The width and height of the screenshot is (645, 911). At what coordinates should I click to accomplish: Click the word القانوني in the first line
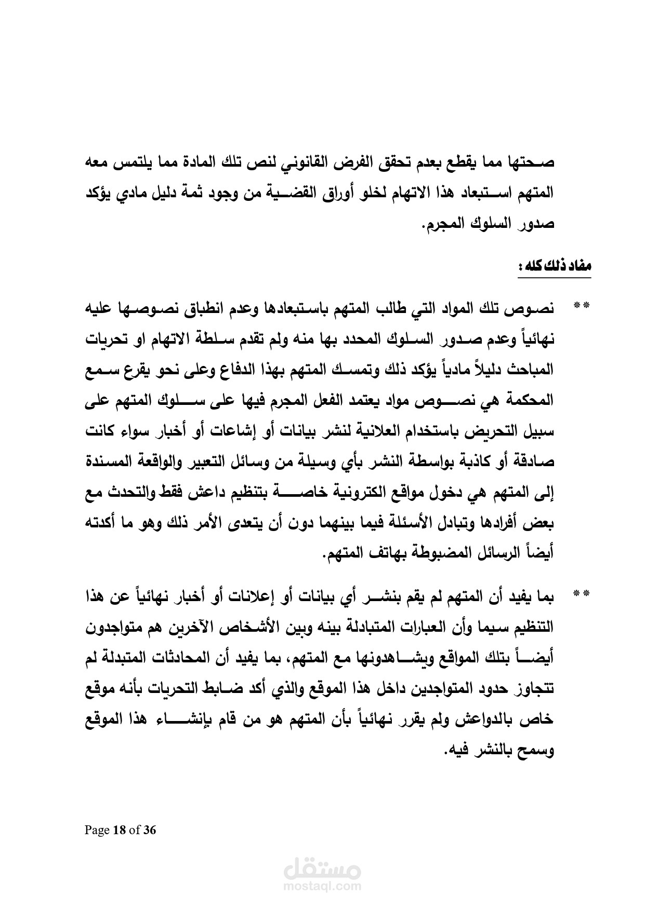point(303,162)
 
